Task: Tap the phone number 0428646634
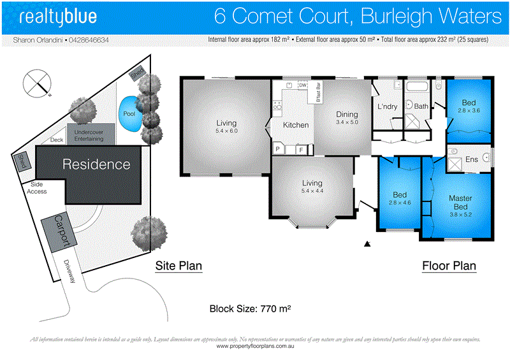click(x=87, y=40)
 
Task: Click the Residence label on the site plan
click(x=96, y=164)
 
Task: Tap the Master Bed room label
click(x=460, y=203)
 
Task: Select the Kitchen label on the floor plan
click(x=296, y=126)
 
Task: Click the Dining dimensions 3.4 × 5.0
click(x=347, y=122)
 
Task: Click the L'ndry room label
click(x=387, y=106)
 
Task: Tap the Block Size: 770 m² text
click(x=251, y=310)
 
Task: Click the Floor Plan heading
click(x=449, y=266)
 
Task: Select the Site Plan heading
click(x=178, y=266)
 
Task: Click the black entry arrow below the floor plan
click(x=367, y=243)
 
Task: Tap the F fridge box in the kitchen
click(x=301, y=150)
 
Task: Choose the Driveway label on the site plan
click(x=69, y=273)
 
